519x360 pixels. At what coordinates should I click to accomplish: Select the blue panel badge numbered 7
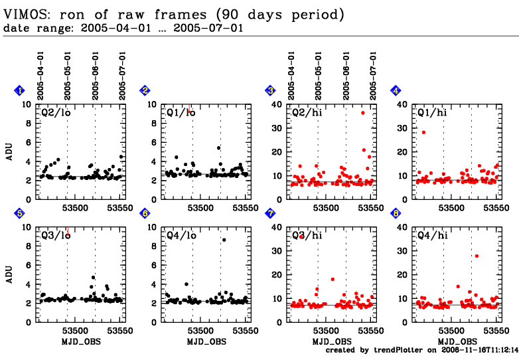270,213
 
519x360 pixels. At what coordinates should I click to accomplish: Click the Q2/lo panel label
56,113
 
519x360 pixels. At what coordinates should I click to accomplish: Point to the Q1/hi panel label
431,113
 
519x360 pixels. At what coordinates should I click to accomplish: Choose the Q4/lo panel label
181,235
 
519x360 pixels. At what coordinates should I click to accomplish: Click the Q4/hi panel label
431,235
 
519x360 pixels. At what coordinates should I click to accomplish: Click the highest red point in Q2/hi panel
363,113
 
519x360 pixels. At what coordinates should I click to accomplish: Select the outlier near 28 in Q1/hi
423,132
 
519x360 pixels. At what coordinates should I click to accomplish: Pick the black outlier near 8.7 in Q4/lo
224,240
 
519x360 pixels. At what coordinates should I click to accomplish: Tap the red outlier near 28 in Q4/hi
477,256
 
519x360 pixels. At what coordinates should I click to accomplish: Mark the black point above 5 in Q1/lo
218,147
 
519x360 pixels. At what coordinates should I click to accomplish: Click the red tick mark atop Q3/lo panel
68,231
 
